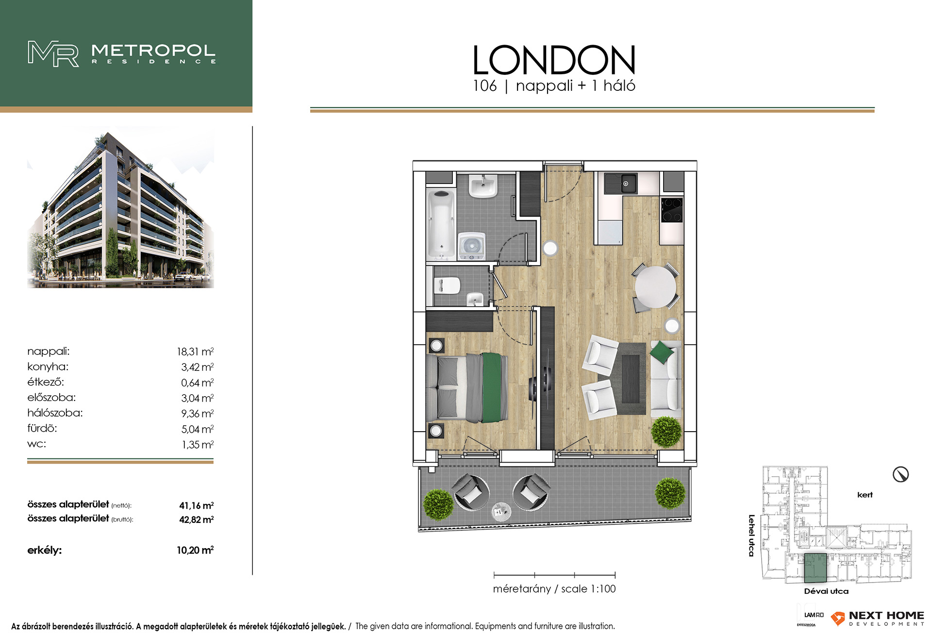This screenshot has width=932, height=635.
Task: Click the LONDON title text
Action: click(x=554, y=60)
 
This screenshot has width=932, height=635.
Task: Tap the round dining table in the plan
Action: click(x=656, y=287)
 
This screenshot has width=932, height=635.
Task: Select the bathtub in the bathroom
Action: click(x=441, y=224)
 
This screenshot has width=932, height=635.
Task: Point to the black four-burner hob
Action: click(x=672, y=210)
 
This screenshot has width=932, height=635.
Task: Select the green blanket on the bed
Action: click(x=494, y=387)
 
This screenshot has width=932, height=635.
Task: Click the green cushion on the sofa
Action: click(x=662, y=352)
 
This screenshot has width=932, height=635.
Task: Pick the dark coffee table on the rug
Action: click(x=631, y=379)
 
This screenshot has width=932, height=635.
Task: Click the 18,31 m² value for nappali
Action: click(x=195, y=351)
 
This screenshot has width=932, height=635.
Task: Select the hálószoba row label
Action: click(x=55, y=413)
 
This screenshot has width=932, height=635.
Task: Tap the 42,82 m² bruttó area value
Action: click(x=197, y=519)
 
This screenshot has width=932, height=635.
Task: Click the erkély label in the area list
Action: click(x=45, y=551)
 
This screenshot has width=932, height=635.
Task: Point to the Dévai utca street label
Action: click(x=826, y=591)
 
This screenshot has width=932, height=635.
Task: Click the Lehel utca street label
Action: click(x=751, y=535)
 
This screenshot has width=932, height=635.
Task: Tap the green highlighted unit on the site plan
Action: click(x=815, y=568)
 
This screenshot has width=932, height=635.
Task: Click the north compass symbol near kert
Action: click(x=901, y=474)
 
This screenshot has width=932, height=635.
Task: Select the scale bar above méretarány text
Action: click(x=554, y=575)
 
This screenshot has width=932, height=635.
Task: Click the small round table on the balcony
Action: click(x=501, y=511)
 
